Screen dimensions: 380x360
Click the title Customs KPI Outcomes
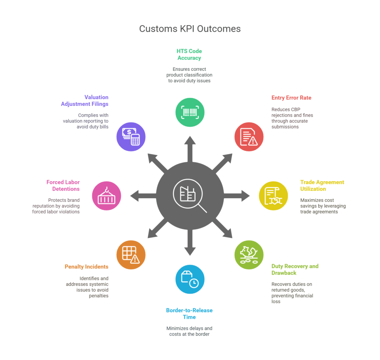point(190,29)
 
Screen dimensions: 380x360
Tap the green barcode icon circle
point(190,112)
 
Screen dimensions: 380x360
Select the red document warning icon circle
point(249,137)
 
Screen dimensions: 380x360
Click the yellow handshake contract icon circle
point(273,196)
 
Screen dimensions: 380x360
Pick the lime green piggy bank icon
point(249,255)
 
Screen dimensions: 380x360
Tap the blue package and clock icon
point(190,279)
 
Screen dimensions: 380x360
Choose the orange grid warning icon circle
point(131,255)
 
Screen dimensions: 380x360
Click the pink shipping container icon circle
point(107,196)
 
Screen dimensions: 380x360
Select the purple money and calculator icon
point(131,137)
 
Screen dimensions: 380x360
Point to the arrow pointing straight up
point(190,149)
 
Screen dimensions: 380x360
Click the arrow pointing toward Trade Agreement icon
point(236,196)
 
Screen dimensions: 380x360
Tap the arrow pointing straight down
point(190,242)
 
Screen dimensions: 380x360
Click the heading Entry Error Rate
point(291,98)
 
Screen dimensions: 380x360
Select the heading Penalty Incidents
point(86,267)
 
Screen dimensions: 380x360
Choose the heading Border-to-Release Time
point(189,314)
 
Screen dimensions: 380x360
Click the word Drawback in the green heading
point(284,273)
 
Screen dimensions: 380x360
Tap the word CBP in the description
point(295,109)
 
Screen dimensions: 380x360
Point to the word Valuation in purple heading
point(96,97)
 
